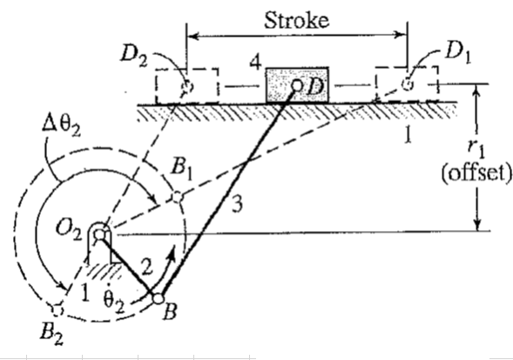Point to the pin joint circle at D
tap(296, 85)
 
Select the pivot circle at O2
tap(102, 233)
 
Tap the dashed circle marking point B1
tap(177, 198)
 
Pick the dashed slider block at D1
tap(405, 85)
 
